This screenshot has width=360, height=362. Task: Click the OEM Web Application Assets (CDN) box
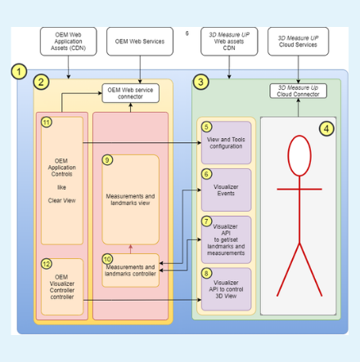(x=68, y=41)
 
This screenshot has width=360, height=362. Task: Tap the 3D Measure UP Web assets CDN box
(x=229, y=41)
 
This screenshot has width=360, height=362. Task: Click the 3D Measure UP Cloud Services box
(x=298, y=41)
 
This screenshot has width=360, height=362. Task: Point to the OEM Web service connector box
(x=131, y=93)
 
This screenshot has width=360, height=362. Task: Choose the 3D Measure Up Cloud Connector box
(x=299, y=90)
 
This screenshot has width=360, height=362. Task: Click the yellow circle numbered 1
(x=20, y=72)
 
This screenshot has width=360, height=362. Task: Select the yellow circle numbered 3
(x=200, y=82)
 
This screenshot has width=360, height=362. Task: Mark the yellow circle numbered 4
(x=326, y=128)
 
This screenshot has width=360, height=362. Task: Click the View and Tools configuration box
(x=227, y=142)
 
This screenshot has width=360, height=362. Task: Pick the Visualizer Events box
(x=227, y=190)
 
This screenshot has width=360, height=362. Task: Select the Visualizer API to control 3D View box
(x=227, y=288)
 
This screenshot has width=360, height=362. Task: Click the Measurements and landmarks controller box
(x=131, y=270)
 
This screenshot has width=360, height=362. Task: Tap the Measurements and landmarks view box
(x=131, y=199)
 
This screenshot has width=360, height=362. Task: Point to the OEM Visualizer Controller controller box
(x=62, y=287)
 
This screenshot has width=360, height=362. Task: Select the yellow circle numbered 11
(x=47, y=122)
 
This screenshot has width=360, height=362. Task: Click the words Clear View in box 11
(x=62, y=199)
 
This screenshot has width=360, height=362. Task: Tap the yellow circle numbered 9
(x=107, y=159)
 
